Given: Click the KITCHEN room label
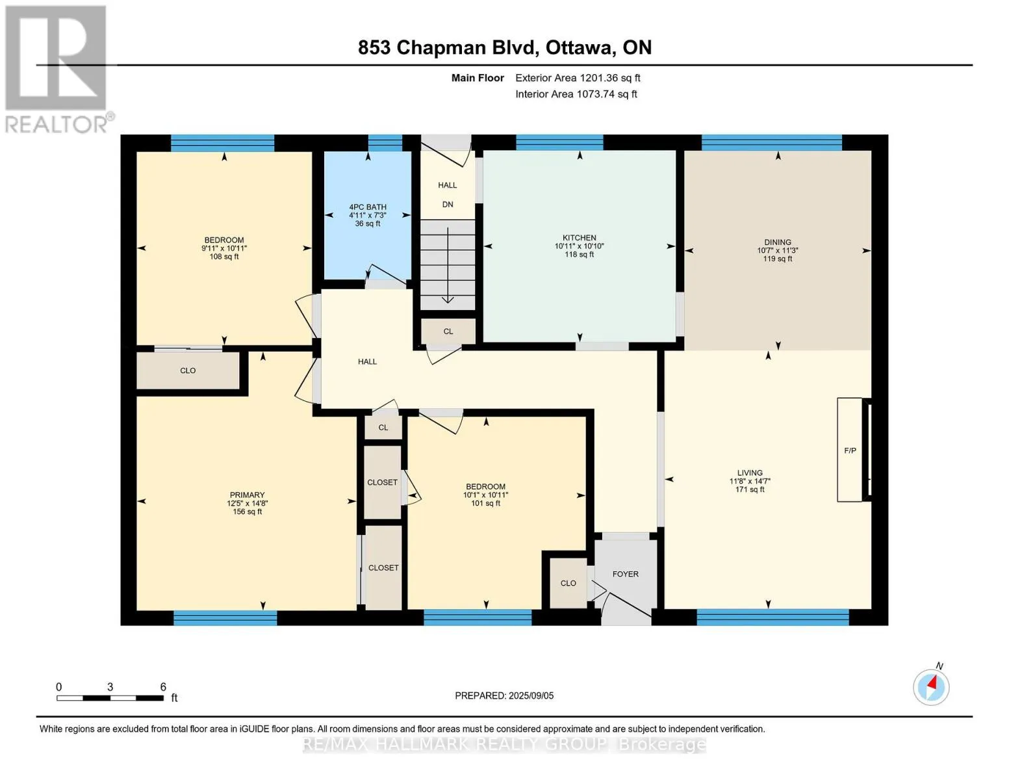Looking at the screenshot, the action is [x=579, y=237].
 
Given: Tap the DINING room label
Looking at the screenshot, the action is [x=777, y=242].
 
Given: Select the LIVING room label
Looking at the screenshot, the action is [x=749, y=473].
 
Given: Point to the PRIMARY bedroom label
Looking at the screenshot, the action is [x=247, y=495].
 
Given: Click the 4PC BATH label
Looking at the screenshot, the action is [x=367, y=207].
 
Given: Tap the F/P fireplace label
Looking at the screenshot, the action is [x=850, y=450].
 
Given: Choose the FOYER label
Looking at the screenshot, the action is [x=625, y=574].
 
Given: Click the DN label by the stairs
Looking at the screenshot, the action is [x=447, y=204].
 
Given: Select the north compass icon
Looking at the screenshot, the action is [x=930, y=686].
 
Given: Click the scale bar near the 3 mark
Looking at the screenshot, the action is [x=110, y=697].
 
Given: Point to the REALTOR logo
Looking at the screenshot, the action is [x=58, y=70].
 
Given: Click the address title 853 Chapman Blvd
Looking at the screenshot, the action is [x=448, y=47].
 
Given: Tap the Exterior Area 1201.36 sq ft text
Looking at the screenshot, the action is [x=578, y=78].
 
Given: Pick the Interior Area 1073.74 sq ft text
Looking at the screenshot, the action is [x=576, y=94].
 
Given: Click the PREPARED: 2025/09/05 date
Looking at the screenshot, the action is [x=504, y=695].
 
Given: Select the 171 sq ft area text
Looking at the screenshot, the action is [x=749, y=489].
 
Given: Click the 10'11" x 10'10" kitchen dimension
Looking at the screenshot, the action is [x=579, y=246].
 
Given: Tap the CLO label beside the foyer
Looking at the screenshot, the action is [x=568, y=583].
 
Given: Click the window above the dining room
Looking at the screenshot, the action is [x=771, y=142].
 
